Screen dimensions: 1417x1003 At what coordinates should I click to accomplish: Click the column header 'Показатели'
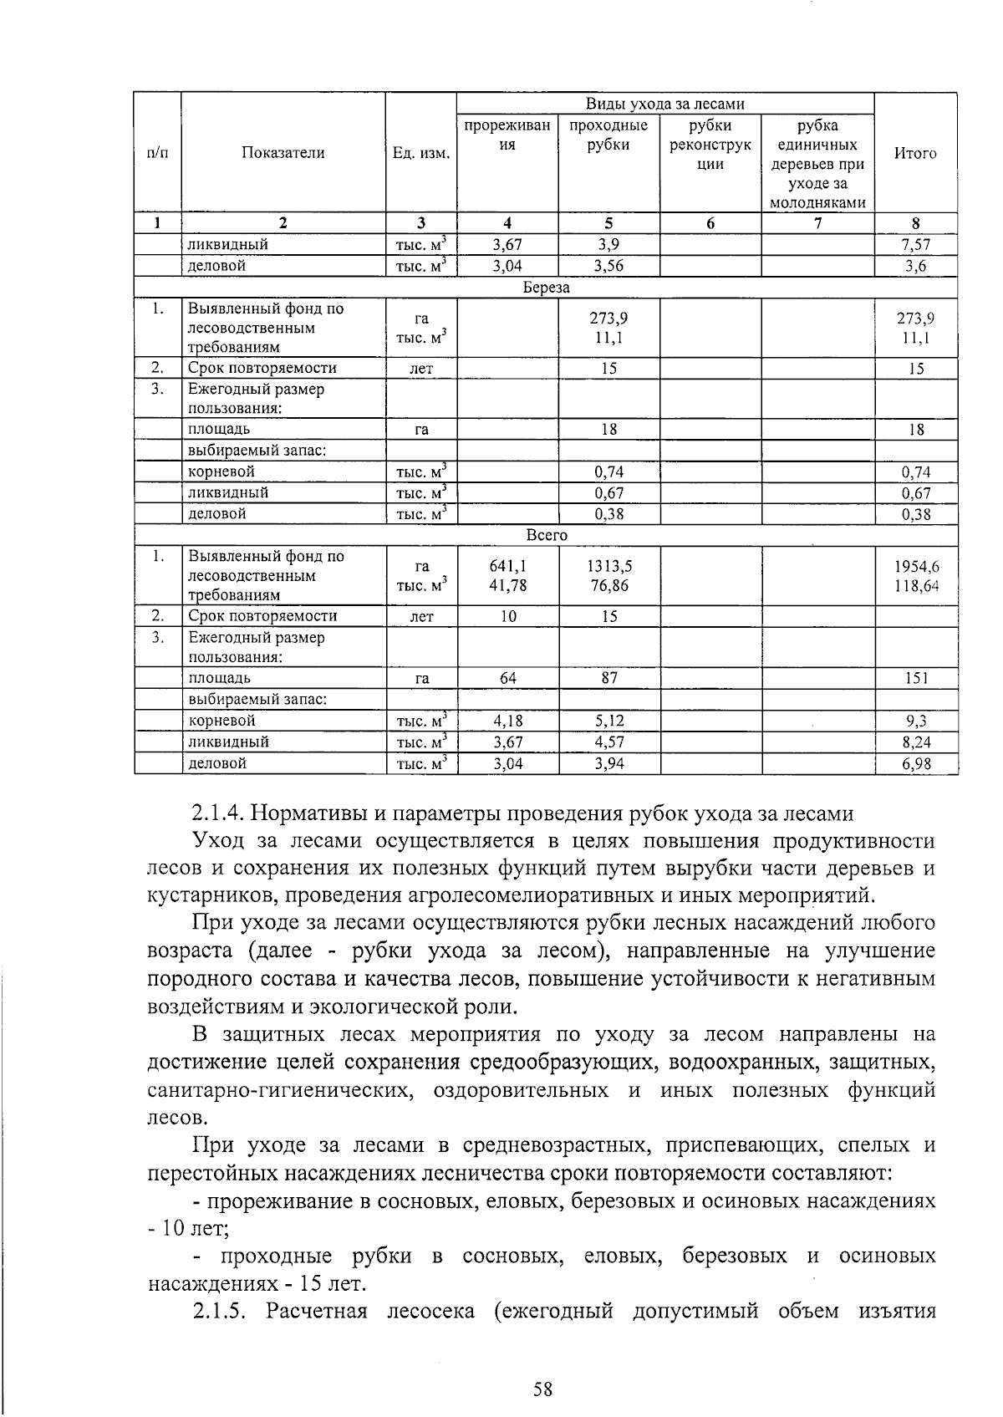[x=283, y=153]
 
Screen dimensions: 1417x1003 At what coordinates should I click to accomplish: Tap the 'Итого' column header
[x=915, y=153]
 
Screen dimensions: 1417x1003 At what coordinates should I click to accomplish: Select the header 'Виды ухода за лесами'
[x=664, y=104]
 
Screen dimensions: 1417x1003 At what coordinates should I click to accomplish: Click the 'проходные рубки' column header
[x=608, y=135]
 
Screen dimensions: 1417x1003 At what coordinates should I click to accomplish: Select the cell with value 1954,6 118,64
[x=916, y=576]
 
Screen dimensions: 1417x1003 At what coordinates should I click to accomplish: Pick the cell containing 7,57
[x=916, y=245]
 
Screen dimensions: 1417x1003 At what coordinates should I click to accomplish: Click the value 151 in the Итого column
[x=916, y=678]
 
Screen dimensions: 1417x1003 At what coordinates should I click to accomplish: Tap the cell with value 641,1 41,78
[x=507, y=576]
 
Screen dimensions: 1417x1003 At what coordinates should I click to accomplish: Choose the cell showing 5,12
[x=609, y=721]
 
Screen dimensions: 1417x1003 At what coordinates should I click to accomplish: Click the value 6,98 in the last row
[x=916, y=763]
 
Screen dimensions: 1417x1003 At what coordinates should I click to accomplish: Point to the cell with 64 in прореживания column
[x=507, y=678]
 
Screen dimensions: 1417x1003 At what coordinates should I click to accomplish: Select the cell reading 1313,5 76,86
[x=609, y=576]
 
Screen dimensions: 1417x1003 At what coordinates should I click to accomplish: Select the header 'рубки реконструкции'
[x=710, y=144]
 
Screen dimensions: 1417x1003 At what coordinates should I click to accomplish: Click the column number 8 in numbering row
[x=916, y=223]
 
